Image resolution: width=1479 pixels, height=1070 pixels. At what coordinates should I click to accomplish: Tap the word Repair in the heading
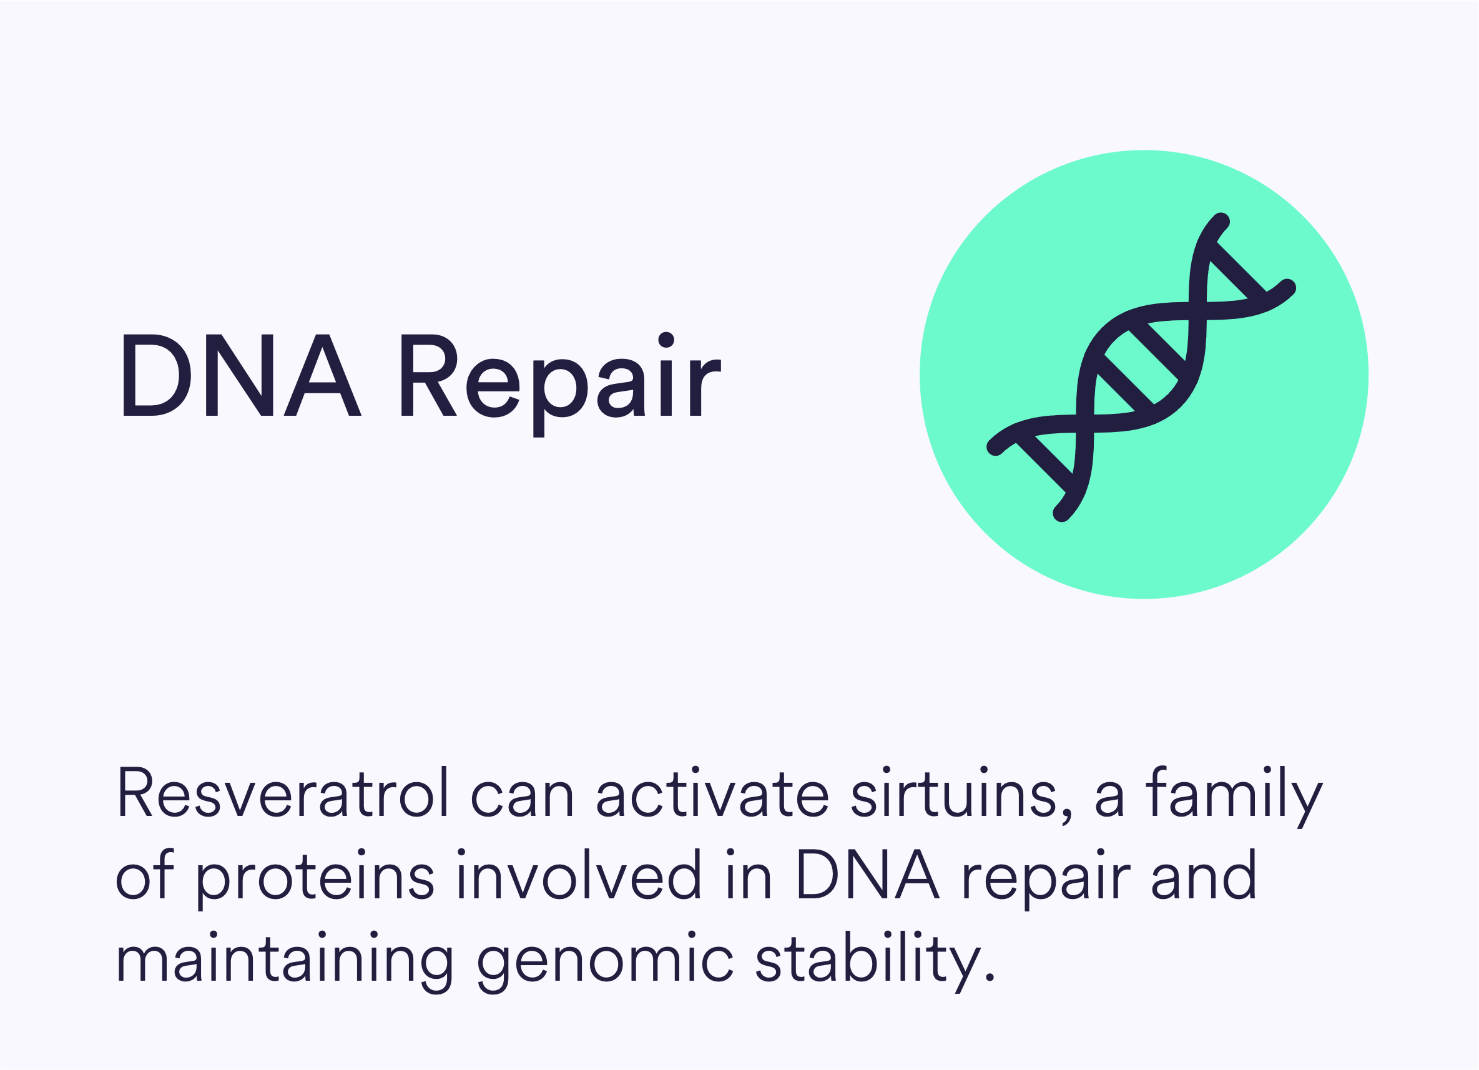(x=561, y=385)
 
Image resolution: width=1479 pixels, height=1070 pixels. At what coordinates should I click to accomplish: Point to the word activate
(x=712, y=792)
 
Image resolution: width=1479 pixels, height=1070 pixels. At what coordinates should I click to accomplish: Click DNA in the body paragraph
(x=868, y=875)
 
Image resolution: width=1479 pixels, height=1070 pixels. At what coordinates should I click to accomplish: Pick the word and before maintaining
(x=1204, y=875)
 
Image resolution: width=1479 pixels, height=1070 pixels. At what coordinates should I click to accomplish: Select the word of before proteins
(x=145, y=874)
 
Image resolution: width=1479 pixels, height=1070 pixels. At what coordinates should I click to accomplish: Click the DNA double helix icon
(x=1141, y=367)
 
